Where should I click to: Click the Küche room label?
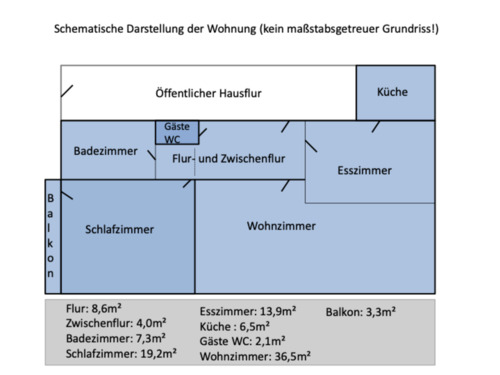tap(392, 92)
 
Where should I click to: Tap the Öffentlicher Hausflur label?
tap(209, 93)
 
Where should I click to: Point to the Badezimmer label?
tap(105, 150)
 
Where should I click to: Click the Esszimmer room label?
tap(364, 171)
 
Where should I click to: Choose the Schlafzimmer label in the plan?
tap(119, 229)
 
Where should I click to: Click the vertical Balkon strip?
tap(52, 236)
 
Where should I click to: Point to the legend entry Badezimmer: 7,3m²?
tap(114, 339)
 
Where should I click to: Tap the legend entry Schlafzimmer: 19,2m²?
tap(121, 354)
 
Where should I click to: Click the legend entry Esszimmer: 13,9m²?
tap(247, 311)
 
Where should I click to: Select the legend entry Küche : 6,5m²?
tap(237, 326)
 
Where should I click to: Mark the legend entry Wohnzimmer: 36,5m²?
tap(254, 355)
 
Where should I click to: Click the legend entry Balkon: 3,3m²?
tap(360, 311)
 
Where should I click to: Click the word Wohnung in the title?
tap(229, 30)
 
